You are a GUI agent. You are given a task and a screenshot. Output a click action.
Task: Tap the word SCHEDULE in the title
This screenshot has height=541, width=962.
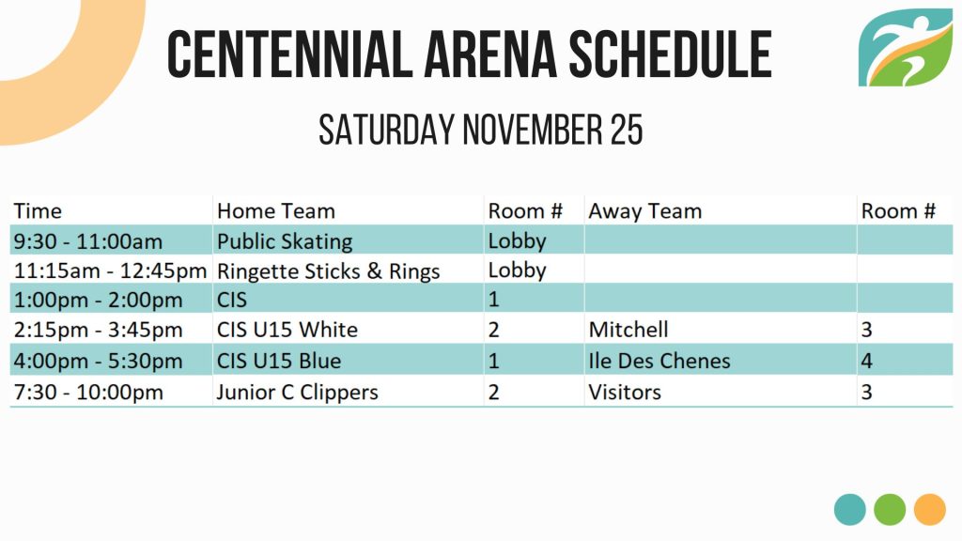[x=670, y=54]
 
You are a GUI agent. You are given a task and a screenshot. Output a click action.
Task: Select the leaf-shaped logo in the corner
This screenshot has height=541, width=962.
[x=905, y=47]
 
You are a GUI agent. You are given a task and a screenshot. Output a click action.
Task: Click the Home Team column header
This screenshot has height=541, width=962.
[x=276, y=211]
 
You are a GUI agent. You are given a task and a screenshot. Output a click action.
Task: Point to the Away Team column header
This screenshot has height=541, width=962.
[x=644, y=211]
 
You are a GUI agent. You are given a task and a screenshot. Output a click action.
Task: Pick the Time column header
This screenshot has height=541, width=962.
[x=38, y=211]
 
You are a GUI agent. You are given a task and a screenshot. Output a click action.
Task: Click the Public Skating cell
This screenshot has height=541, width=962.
[x=285, y=241]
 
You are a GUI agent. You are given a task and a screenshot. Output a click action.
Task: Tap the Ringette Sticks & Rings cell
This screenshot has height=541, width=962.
[x=328, y=270]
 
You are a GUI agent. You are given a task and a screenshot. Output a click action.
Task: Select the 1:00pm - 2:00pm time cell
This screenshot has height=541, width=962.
[x=98, y=300]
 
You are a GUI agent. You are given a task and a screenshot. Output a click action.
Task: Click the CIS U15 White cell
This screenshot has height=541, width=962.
[x=287, y=330]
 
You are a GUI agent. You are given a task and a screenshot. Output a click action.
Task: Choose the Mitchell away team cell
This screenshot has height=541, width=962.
[x=628, y=330]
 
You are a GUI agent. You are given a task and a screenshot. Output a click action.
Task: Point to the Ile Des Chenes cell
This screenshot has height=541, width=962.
[x=659, y=361]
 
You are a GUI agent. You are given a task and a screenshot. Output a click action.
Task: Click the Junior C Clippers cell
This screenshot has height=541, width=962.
[x=298, y=392]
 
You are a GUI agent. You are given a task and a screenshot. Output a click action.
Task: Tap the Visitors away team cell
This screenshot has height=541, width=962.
[x=625, y=392]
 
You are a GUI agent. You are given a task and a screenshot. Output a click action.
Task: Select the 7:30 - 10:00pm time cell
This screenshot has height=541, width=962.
[x=88, y=392]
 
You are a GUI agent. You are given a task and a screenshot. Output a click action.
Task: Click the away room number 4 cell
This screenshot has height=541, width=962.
[x=866, y=361]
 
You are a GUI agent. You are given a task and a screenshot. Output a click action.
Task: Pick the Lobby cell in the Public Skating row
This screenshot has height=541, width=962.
[x=518, y=241]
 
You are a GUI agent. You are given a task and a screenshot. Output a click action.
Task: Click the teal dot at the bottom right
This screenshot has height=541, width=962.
[x=849, y=510]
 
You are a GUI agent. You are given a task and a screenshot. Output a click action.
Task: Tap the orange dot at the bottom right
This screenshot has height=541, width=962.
[x=929, y=510]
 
